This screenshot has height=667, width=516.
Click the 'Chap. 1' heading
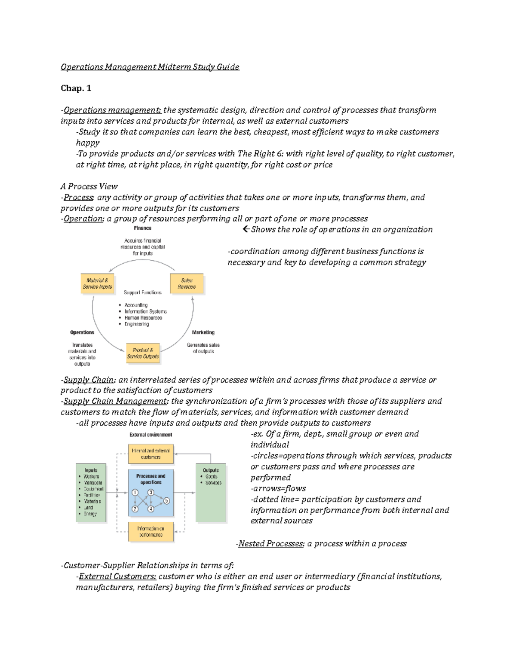[x=76, y=88]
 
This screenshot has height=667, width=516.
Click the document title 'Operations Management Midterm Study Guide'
[x=150, y=67]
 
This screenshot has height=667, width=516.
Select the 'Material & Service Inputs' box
[x=98, y=283]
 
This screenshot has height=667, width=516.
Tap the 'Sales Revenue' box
[x=187, y=283]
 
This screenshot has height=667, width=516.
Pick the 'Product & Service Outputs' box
[x=143, y=353]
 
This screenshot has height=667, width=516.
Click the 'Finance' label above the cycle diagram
[x=142, y=228]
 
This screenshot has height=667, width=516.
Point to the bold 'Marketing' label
[x=203, y=332]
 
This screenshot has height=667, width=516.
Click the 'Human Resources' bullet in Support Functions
[x=143, y=318]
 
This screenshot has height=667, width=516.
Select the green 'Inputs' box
[x=91, y=492]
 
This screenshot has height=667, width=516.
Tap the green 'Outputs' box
[x=211, y=492]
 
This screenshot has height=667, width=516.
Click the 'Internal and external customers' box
[x=151, y=454]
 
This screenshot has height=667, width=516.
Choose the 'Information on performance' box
[x=151, y=532]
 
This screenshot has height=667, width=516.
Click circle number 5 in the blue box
[x=166, y=501]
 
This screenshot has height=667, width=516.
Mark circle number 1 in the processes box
[x=135, y=493]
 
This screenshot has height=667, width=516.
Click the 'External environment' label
[x=151, y=435]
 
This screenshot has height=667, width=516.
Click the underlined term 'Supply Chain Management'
[x=115, y=401]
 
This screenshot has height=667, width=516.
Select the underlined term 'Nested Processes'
[x=271, y=544]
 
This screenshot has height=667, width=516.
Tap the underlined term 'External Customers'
[x=117, y=576]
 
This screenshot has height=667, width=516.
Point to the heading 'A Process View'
[x=89, y=186]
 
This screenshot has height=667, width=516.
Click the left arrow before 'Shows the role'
[x=246, y=229]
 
